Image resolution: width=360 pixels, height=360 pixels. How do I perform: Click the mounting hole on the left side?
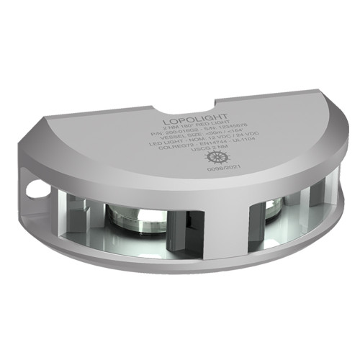[31, 191]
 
